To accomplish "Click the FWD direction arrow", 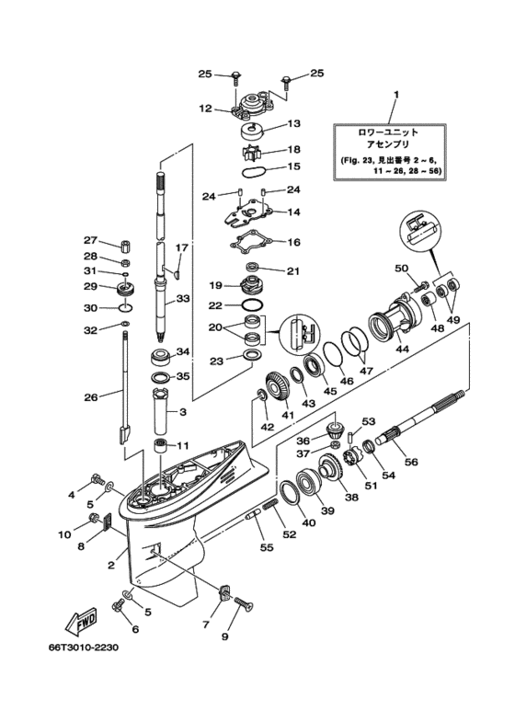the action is click(82, 620).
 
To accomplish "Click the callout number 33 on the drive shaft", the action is click(184, 299).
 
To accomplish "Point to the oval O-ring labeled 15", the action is click(253, 171).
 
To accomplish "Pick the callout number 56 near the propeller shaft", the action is click(411, 462).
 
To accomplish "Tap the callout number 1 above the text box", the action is click(395, 95).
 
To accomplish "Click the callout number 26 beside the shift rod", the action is click(91, 397).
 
